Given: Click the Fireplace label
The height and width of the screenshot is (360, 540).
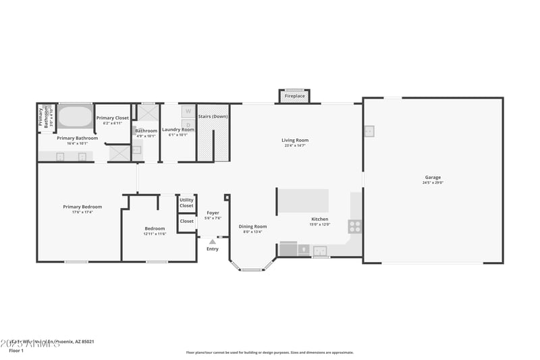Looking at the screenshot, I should pyautogui.click(x=294, y=97).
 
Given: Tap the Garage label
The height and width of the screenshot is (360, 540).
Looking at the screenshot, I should pyautogui.click(x=433, y=178).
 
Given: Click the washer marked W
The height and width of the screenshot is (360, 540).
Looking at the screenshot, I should pyautogui.click(x=188, y=111).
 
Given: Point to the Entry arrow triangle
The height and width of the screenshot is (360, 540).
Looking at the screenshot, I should pyautogui.click(x=213, y=241).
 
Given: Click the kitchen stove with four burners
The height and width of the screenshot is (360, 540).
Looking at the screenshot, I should pyautogui.click(x=355, y=226).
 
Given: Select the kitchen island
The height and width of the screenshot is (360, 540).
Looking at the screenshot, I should pyautogui.click(x=304, y=201).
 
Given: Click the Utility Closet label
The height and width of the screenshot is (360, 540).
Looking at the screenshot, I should pyautogui.click(x=186, y=203).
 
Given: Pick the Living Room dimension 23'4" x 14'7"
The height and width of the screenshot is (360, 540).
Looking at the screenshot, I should pyautogui.click(x=294, y=146).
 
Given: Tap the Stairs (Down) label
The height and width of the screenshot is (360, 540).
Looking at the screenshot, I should pyautogui.click(x=213, y=117).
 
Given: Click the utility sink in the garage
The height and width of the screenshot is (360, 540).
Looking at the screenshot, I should pyautogui.click(x=369, y=131).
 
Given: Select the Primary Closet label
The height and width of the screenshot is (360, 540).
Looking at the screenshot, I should pyautogui.click(x=112, y=118).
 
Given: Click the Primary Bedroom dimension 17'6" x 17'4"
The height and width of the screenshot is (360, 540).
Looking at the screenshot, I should pyautogui.click(x=82, y=213).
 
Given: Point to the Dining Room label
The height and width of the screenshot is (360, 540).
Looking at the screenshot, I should pyautogui.click(x=252, y=226).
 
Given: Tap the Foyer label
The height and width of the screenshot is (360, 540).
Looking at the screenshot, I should pyautogui.click(x=213, y=213).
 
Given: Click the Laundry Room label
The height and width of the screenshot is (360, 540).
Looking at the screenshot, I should pyautogui.click(x=178, y=130).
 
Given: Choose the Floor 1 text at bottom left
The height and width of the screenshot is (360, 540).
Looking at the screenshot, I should pyautogui.click(x=16, y=351).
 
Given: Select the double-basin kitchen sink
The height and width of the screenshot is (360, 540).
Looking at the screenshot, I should pyautogui.click(x=320, y=251).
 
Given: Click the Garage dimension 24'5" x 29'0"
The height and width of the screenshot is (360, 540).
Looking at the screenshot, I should pyautogui.click(x=433, y=183).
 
